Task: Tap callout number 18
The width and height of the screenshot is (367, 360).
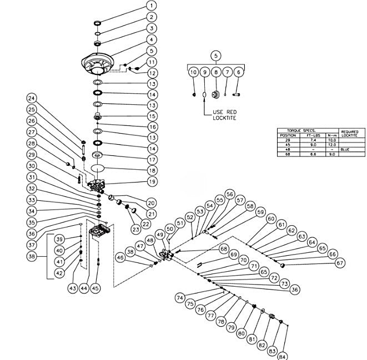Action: click(151, 170)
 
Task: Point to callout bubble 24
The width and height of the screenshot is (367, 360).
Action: click(32, 98)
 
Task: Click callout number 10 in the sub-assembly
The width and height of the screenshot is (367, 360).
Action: click(193, 72)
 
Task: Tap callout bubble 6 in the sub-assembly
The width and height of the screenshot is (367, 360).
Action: click(239, 72)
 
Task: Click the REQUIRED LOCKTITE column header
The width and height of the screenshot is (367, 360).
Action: click(349, 134)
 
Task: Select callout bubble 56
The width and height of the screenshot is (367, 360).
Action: click(229, 194)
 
